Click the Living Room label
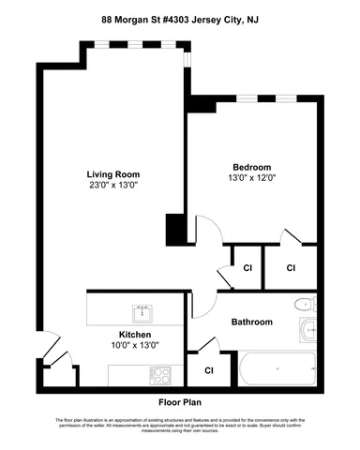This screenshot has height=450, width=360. point(112,174)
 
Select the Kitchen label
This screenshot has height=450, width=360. point(135,335)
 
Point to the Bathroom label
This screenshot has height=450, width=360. point(253,322)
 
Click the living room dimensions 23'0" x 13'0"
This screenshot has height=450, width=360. point(112,186)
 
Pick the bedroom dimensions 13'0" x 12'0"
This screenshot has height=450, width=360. point(251,173)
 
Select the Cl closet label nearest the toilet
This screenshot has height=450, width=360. point(291,268)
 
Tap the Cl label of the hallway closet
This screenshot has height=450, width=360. point(247,268)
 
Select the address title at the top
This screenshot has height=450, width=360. point(180,17)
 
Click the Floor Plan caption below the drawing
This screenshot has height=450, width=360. point(180,402)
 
